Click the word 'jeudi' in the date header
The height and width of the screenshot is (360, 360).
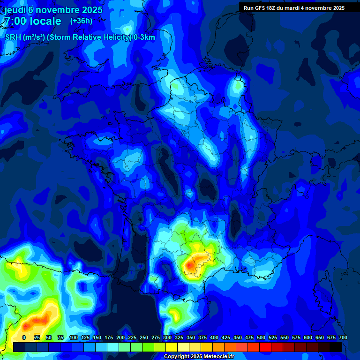[x=15, y=9]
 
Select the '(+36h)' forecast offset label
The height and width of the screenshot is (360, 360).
[x=81, y=21]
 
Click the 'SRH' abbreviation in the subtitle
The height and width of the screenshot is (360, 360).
[x=13, y=37]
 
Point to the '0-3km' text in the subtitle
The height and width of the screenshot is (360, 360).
[x=144, y=37]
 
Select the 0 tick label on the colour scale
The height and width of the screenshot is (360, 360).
[x=24, y=337]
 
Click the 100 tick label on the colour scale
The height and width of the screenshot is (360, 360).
[x=74, y=337]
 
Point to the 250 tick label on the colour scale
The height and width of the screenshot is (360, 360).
[x=144, y=337]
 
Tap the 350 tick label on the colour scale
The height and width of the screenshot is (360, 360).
[x=191, y=337]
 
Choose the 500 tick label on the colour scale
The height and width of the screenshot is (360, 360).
[x=261, y=337]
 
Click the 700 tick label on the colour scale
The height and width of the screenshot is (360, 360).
[x=343, y=337]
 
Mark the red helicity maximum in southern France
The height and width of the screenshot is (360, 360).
[x=190, y=266]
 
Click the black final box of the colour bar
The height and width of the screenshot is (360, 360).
[x=336, y=347]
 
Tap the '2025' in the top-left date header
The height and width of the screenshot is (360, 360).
[x=89, y=9]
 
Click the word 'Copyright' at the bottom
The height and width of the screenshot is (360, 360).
[x=177, y=357]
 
